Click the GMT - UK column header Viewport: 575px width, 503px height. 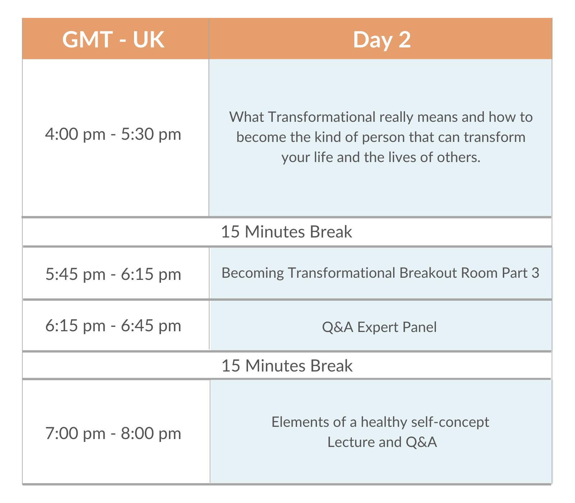click(113, 40)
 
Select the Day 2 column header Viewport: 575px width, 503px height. click(382, 40)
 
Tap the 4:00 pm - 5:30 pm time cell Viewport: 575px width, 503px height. click(113, 134)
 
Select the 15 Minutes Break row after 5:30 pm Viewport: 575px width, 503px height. click(286, 232)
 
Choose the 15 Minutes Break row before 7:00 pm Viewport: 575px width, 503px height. click(287, 366)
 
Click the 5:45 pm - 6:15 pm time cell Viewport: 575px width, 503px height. click(113, 274)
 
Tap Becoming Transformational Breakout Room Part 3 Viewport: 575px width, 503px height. click(381, 273)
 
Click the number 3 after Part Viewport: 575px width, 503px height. click(535, 273)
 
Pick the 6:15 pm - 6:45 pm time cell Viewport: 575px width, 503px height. click(113, 326)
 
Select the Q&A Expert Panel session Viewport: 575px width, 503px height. click(379, 327)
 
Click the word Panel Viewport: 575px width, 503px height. click(419, 327)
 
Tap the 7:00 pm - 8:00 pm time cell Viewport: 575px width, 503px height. click(113, 433)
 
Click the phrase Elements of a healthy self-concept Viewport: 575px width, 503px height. click(380, 422)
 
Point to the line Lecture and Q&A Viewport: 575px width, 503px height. click(382, 442)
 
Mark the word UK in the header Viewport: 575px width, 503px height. click(149, 40)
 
